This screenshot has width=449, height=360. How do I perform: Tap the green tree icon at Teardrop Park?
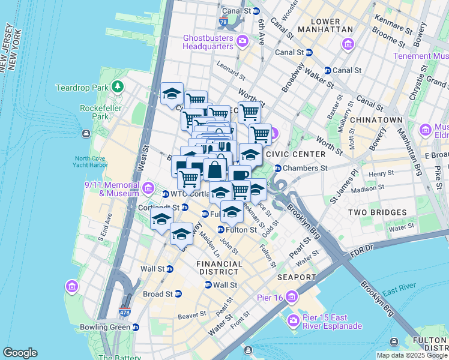pos(117,88)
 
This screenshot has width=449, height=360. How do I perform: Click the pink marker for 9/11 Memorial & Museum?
pos(148,190)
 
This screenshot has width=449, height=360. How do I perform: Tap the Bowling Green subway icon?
pos(136,328)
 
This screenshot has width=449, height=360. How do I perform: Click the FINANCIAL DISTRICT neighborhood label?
pos(220,268)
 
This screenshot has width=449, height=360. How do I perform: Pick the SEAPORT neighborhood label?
pos(297,277)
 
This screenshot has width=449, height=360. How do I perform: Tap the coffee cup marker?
pos(240,175)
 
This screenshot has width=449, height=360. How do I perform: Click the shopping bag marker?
pos(214,169)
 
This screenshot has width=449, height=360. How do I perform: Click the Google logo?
pos(20,353)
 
